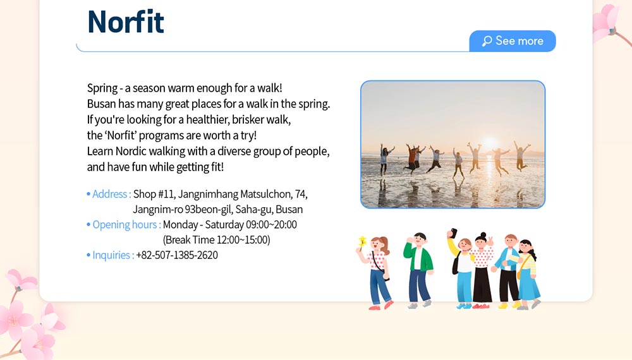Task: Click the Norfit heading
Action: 126,21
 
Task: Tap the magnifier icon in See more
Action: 487,41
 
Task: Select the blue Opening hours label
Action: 126,225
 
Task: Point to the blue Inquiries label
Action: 113,255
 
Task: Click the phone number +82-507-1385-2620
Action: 177,255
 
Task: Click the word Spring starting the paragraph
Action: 102,88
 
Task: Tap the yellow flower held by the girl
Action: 363,242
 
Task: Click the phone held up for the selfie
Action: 454,233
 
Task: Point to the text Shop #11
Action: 154,194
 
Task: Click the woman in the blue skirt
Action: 528,275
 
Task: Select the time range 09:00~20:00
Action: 271,225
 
